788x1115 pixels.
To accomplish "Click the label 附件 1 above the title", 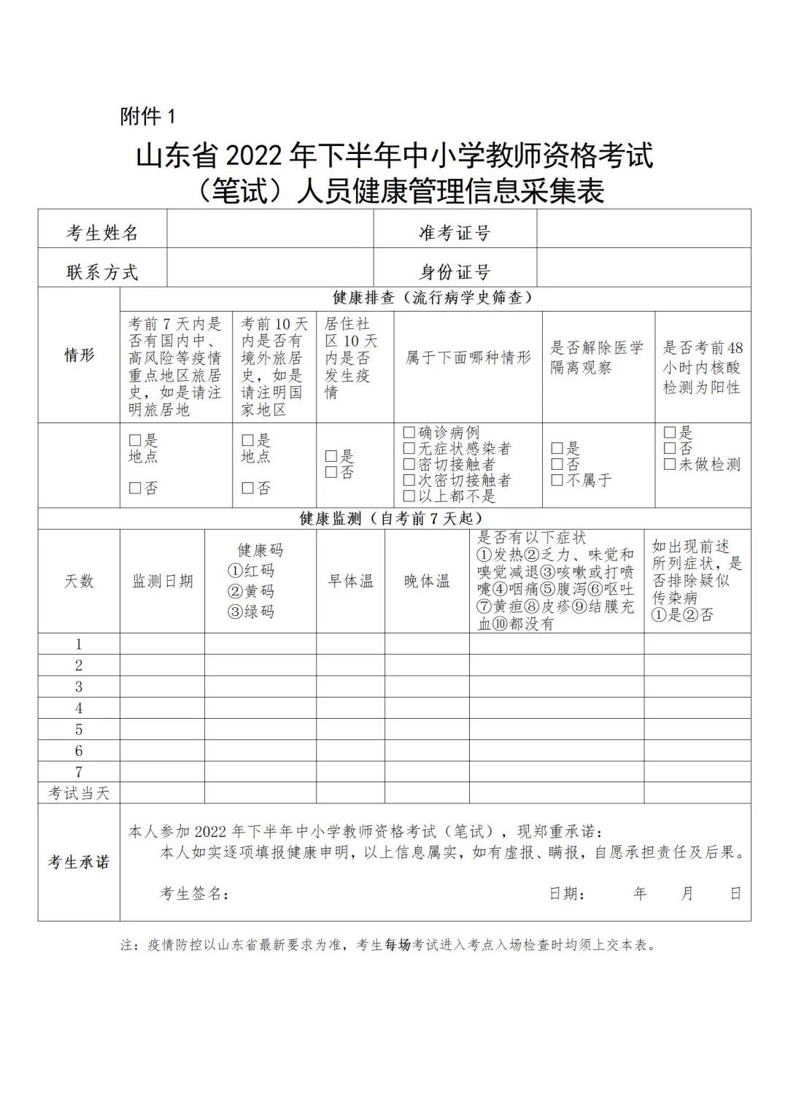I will pos(147,116).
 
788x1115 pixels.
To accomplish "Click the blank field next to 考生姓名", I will pos(270,230).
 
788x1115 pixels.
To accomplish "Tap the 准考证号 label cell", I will pos(455,233).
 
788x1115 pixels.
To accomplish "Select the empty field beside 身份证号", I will pos(644,268).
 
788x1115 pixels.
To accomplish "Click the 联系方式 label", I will pos(102,272).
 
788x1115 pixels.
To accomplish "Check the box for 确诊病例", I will pos(409,433).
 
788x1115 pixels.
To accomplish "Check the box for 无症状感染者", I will pos(409,449).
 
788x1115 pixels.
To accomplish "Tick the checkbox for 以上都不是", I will pos(409,496).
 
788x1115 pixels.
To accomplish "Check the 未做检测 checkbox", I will pos(669,464).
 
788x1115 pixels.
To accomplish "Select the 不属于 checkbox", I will pos(557,480).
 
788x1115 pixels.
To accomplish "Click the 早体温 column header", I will pos(350,581).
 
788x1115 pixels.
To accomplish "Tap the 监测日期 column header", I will pos(162,581).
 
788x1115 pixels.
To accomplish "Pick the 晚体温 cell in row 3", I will pos(427,687).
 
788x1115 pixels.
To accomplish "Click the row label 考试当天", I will pos(79,793).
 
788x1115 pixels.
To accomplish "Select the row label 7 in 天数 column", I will pos(79,771).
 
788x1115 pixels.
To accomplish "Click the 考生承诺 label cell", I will pos(79,863).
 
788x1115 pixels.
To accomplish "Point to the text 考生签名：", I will pos(194,894).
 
